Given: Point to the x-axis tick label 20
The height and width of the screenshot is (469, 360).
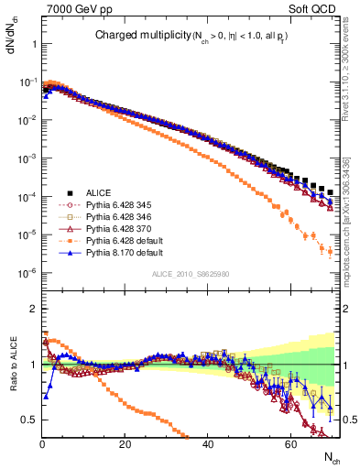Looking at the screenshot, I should tap(125, 444).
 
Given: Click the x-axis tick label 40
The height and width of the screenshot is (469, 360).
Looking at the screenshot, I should tap(209, 444).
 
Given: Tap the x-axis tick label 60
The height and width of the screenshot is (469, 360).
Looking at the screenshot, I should tap(291, 444).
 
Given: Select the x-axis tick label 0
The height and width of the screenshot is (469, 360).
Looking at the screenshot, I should tap(42, 444).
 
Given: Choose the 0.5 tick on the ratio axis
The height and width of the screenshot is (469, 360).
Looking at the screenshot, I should tap(31, 420).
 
